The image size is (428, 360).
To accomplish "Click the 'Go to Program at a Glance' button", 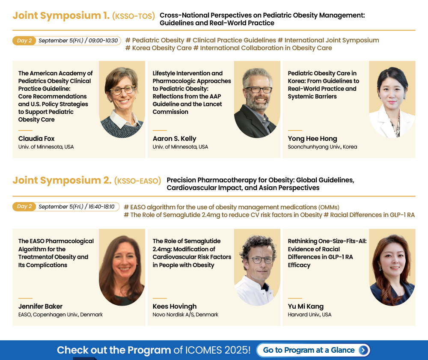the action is [313, 350].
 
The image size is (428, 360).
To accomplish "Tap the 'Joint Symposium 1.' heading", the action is [61, 15].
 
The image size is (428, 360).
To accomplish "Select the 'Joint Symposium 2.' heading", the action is [62, 180].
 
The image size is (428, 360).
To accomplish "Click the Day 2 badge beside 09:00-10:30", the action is [24, 41].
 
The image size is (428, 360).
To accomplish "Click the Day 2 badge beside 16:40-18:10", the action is [24, 207].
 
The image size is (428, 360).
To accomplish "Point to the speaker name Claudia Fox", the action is [36, 139].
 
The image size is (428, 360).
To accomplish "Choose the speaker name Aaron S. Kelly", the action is [175, 139].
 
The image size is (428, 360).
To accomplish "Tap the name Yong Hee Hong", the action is [312, 139].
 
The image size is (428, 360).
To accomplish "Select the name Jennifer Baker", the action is [40, 306].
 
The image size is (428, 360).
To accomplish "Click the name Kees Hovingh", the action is [175, 306].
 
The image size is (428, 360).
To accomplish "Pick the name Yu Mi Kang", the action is [306, 306].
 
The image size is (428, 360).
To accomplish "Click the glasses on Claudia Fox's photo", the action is [122, 90].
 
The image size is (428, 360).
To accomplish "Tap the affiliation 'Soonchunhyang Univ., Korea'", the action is [322, 147].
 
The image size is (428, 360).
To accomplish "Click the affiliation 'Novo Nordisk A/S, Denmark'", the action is [185, 315].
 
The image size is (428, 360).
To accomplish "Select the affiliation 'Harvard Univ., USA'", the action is [309, 315].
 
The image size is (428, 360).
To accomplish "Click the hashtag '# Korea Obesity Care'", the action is [158, 48].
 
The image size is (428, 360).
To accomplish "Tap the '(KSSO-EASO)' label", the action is [137, 181].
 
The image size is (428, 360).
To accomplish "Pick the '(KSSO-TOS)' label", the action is [134, 16].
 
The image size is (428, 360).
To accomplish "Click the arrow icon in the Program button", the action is [363, 350].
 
